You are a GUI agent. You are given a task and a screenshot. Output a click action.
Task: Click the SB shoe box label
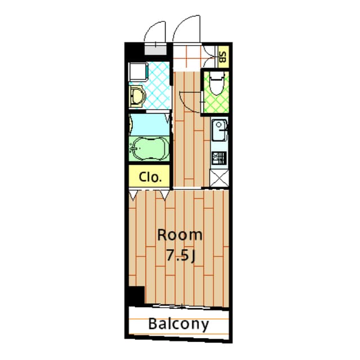tap(222, 56)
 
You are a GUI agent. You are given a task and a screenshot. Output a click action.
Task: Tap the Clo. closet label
tap(151, 177)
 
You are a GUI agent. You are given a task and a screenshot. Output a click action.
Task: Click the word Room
tap(179, 235)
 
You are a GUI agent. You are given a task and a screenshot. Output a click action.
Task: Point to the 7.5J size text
tap(180, 255)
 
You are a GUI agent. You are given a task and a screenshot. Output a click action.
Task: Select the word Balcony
tap(179, 324)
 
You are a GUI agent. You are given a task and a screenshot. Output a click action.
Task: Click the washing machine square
tap(138, 71)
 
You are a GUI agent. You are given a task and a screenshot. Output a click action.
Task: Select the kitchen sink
tap(219, 133)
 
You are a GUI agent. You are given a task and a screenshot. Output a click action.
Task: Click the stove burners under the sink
tap(218, 157)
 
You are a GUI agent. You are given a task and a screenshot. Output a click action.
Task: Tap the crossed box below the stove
tap(218, 178)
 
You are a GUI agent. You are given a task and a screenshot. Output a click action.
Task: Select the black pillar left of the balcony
tap(136, 295)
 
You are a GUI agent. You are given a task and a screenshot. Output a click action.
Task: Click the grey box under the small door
tap(156, 48)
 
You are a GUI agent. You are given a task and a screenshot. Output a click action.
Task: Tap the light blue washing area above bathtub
tap(149, 124)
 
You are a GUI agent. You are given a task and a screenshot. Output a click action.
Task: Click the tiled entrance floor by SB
tap(187, 56)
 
